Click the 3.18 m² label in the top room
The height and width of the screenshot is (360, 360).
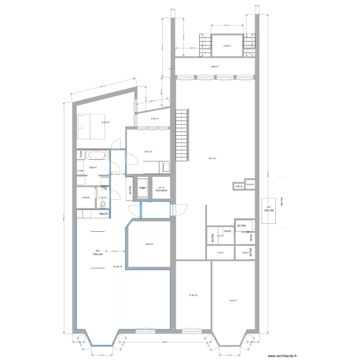coord(227,46)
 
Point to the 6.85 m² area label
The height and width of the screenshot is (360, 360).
coord(215,67)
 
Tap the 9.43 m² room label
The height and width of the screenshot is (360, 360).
coord(149,244)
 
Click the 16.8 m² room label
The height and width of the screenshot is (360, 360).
coord(233,301)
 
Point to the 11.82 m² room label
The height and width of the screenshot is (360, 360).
coord(193,296)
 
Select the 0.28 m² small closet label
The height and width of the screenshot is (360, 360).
coord(238,186)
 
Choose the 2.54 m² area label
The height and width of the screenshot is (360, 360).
coord(155,119)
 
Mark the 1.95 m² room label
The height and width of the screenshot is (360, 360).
coord(85,197)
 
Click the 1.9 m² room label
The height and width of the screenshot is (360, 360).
coord(221,252)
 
